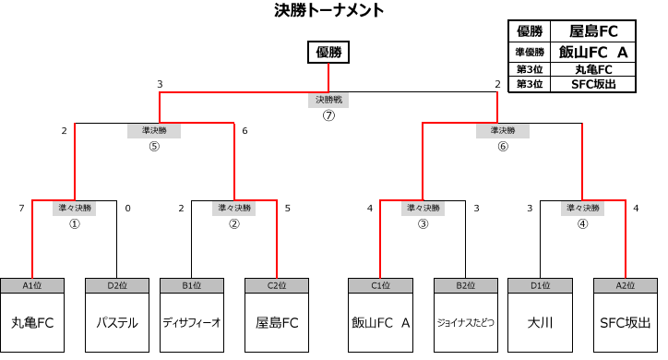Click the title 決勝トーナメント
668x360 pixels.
pyautogui.click(x=329, y=11)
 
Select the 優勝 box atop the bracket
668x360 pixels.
pyautogui.click(x=328, y=53)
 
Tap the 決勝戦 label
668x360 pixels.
pyautogui.click(x=328, y=99)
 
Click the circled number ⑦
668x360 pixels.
pyautogui.click(x=328, y=115)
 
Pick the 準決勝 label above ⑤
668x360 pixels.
pyautogui.click(x=153, y=130)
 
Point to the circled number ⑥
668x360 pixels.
pyautogui.click(x=503, y=146)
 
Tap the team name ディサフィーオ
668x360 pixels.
pyautogui.click(x=191, y=323)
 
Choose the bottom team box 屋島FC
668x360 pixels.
pyautogui.click(x=277, y=323)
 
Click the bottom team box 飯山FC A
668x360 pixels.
pyautogui.click(x=380, y=323)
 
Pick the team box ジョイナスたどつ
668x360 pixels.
pyautogui.click(x=465, y=323)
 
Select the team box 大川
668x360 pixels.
pyautogui.click(x=540, y=323)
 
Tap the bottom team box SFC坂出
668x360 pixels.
pyautogui.click(x=625, y=323)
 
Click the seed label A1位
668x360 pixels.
pyautogui.click(x=32, y=285)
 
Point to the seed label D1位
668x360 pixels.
pyautogui.click(x=540, y=285)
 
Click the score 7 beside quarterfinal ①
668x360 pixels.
pyautogui.click(x=21, y=209)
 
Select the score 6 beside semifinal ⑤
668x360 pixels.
pyautogui.click(x=245, y=131)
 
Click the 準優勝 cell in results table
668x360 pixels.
pyautogui.click(x=530, y=53)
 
